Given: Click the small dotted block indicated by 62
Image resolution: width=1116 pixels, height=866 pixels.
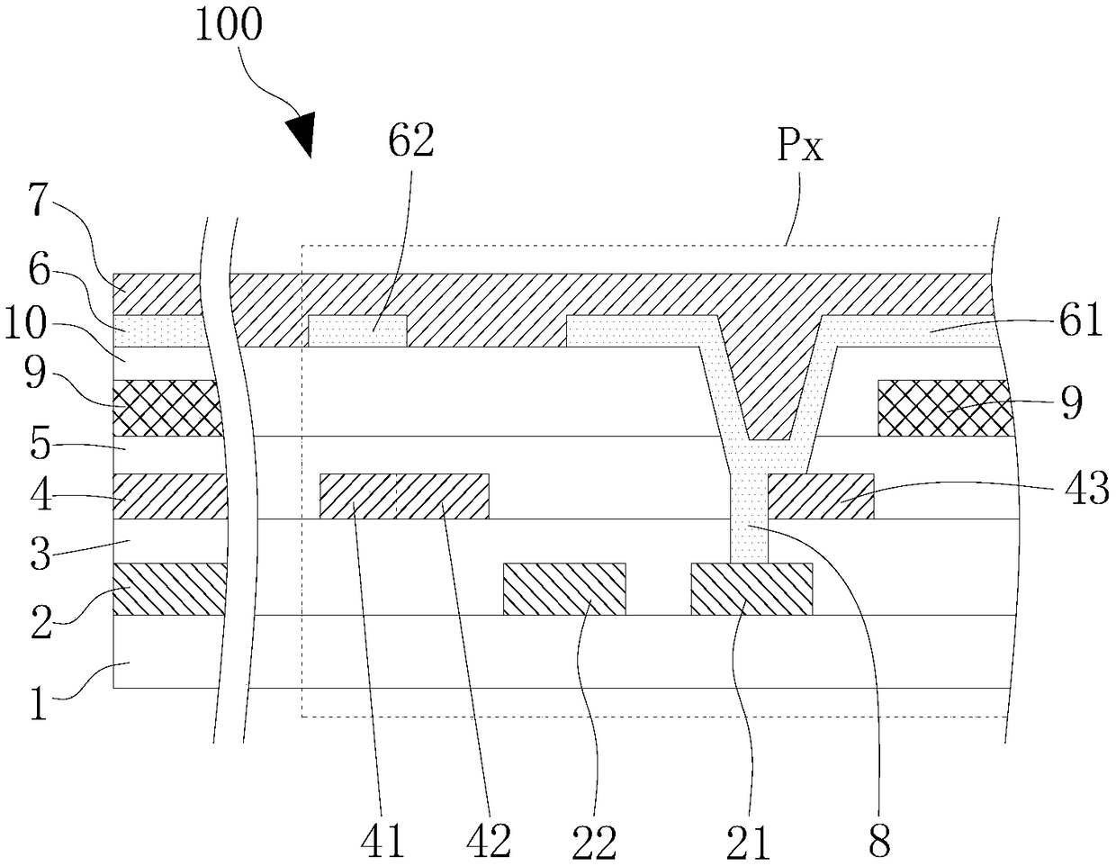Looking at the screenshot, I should pyautogui.click(x=357, y=330).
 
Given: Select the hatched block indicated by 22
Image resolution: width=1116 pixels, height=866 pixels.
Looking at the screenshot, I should pyautogui.click(x=564, y=589).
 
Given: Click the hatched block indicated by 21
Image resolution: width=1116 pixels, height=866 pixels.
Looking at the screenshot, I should pyautogui.click(x=751, y=589).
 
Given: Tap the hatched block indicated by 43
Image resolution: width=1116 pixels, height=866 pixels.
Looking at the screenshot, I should pyautogui.click(x=820, y=495).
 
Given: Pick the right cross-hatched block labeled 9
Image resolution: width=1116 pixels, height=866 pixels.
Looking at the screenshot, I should pyautogui.click(x=944, y=408).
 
